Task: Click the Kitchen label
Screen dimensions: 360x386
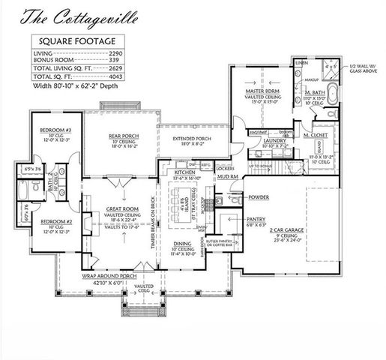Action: point(185,172)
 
